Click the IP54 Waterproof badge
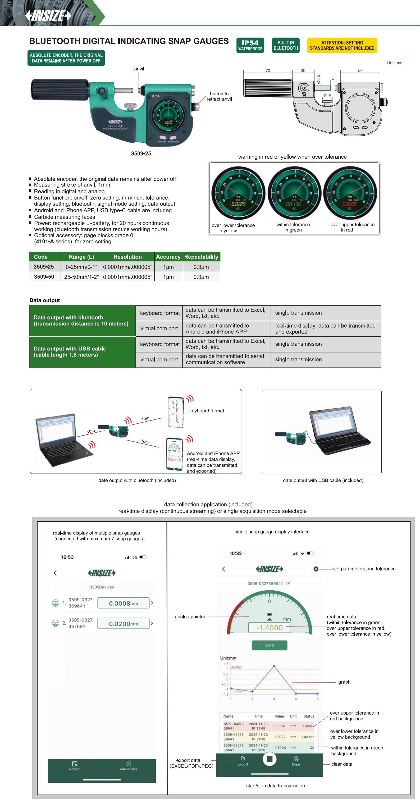click(x=250, y=45)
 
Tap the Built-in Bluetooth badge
click(x=285, y=45)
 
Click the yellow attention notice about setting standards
click(x=342, y=45)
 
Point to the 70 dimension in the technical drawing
click(x=268, y=70)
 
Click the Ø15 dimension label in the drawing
click(x=327, y=96)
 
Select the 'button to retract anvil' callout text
click(x=219, y=96)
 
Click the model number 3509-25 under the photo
click(x=141, y=154)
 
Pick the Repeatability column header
click(x=201, y=257)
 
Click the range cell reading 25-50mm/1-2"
click(x=81, y=277)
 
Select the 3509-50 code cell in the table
click(x=44, y=277)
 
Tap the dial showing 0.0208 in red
click(x=350, y=193)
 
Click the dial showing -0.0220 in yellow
click(x=238, y=193)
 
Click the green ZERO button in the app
click(x=270, y=645)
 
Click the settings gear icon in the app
click(x=316, y=569)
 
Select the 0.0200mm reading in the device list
click(x=123, y=623)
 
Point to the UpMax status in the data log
click(x=308, y=726)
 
